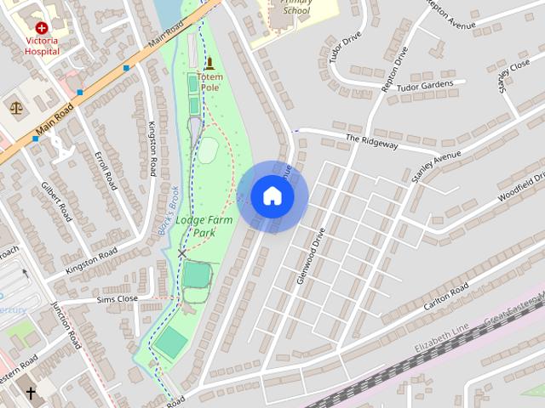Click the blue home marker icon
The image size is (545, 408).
(x=272, y=196)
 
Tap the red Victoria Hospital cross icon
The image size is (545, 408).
(x=42, y=28)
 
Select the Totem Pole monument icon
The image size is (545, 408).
(x=209, y=63)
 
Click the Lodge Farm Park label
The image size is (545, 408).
(x=204, y=226)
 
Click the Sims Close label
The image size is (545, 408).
(x=117, y=299)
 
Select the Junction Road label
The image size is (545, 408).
(x=65, y=325)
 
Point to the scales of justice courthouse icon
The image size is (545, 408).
(x=15, y=107)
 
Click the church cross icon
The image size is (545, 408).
(x=31, y=394)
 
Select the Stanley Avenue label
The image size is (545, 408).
(x=435, y=167)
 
